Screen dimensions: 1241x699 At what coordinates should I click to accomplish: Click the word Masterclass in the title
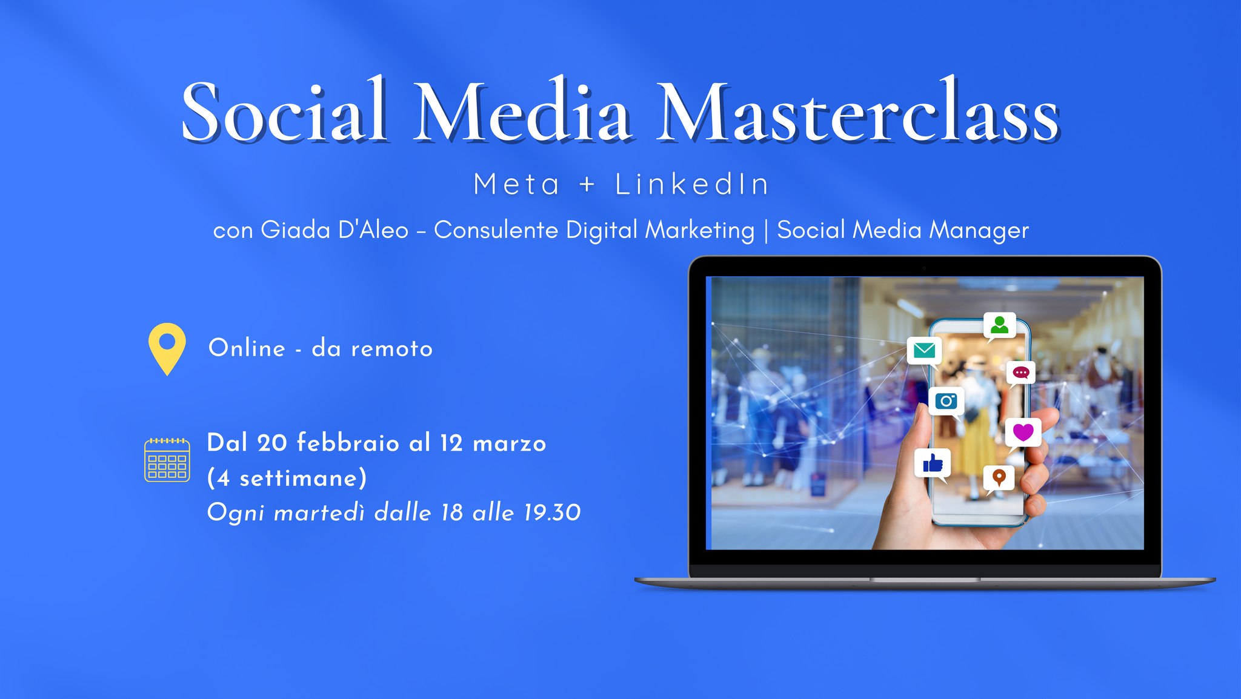pyautogui.click(x=859, y=110)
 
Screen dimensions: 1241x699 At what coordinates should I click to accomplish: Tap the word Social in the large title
pyautogui.click(x=285, y=110)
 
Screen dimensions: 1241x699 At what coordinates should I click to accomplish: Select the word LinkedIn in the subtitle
pyautogui.click(x=692, y=184)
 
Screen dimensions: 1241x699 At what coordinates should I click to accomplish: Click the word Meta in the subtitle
pyautogui.click(x=516, y=184)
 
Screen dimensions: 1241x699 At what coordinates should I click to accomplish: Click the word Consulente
pyautogui.click(x=496, y=230)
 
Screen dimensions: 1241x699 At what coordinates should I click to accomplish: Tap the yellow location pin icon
pyautogui.click(x=167, y=349)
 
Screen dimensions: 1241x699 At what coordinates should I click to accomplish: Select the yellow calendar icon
pyautogui.click(x=167, y=460)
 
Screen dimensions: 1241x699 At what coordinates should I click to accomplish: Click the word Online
pyautogui.click(x=247, y=348)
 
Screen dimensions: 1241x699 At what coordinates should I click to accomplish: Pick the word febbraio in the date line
pyautogui.click(x=348, y=443)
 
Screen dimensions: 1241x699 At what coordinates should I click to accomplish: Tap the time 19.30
pyautogui.click(x=552, y=513)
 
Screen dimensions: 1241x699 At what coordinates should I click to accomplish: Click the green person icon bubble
pyautogui.click(x=999, y=326)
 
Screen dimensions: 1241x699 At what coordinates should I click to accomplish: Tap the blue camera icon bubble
pyautogui.click(x=946, y=402)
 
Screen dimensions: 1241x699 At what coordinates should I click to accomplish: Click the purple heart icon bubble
pyautogui.click(x=1023, y=433)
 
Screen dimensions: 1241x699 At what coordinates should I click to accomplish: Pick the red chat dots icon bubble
pyautogui.click(x=1021, y=373)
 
